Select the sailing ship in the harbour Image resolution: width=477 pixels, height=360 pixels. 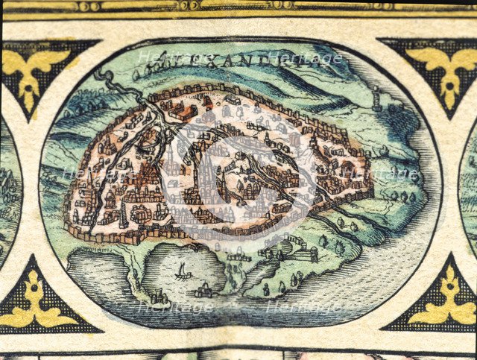182,272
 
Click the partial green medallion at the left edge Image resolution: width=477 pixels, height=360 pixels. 9,186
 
